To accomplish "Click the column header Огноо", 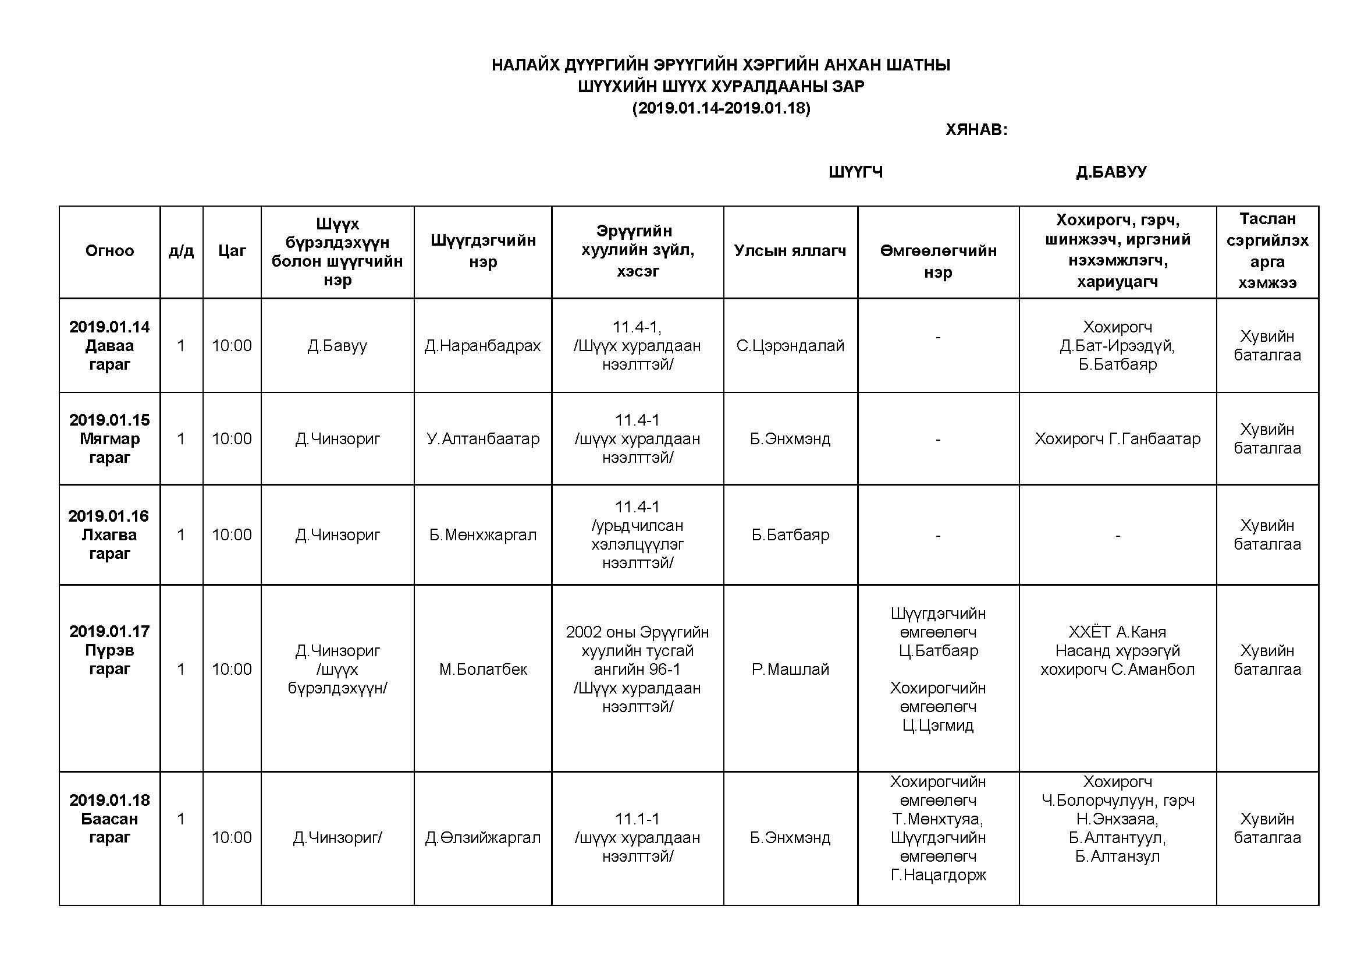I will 109,251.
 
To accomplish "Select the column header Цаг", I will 232,251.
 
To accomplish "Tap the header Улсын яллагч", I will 790,251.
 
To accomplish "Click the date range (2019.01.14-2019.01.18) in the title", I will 721,108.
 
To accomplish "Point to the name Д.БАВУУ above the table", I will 1111,172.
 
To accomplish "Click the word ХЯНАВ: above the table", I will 976,129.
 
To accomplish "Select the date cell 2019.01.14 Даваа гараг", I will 109,345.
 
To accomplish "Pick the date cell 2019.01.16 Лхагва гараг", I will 109,534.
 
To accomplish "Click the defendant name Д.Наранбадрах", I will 482,346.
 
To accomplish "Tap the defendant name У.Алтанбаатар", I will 482,439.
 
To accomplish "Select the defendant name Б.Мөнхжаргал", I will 482,535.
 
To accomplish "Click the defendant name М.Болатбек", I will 482,669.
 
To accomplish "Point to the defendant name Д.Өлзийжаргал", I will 482,837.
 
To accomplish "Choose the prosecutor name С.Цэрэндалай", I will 790,346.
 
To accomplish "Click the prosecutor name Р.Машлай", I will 790,669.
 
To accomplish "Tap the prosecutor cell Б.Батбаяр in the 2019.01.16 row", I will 790,535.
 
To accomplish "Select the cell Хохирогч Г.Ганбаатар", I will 1117,439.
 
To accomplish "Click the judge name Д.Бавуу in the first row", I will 337,346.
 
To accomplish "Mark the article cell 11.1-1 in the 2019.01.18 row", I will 637,819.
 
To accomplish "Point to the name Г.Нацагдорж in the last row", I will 938,875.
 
